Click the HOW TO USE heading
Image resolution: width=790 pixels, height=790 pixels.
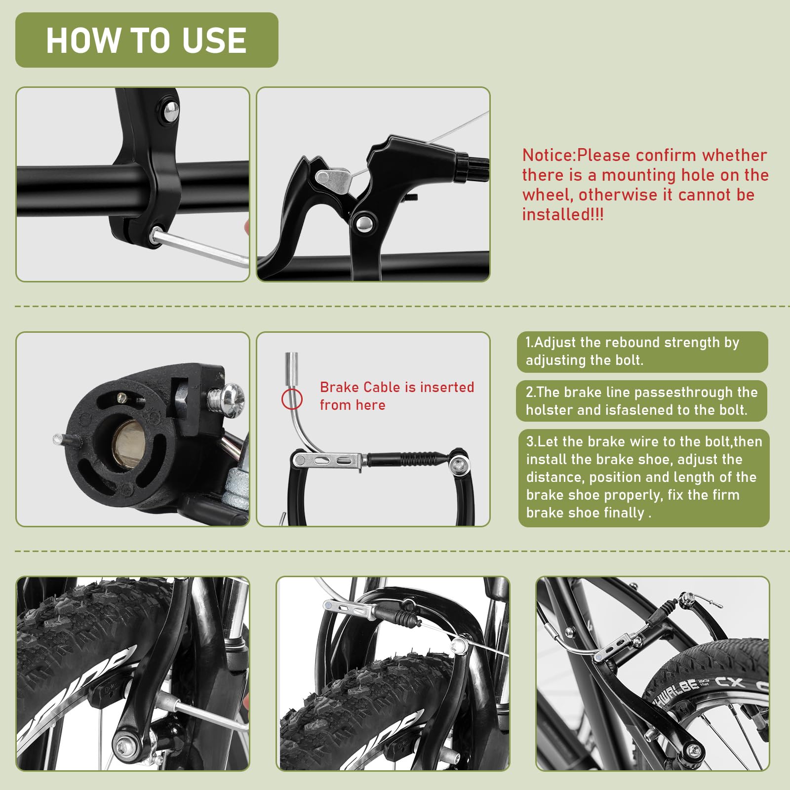(x=146, y=40)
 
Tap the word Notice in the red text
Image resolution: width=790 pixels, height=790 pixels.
(x=549, y=155)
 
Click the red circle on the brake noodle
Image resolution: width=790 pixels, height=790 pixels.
(x=292, y=399)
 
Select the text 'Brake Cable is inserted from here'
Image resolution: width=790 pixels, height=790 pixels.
(x=396, y=396)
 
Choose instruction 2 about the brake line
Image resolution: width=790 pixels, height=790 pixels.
(x=642, y=401)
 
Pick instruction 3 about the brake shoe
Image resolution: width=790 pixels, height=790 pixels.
(x=644, y=477)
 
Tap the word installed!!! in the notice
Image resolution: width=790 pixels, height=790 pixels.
(x=563, y=214)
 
